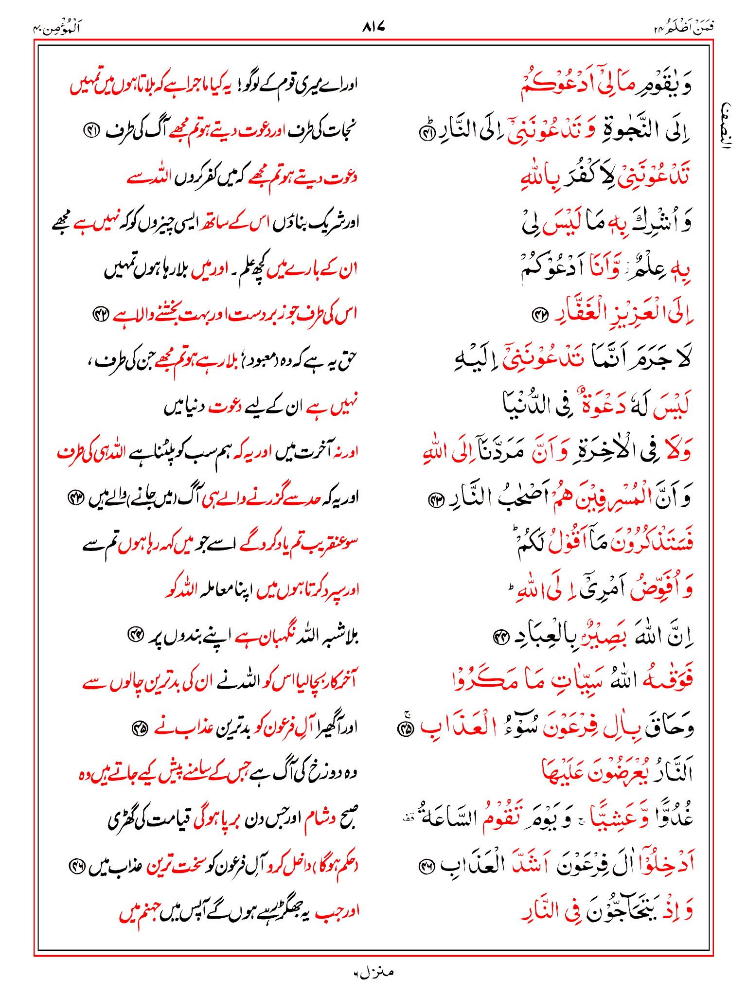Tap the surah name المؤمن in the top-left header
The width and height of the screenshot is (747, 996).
tap(57, 28)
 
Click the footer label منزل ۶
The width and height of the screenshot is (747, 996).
tap(373, 972)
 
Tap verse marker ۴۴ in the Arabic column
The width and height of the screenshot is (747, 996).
tap(500, 637)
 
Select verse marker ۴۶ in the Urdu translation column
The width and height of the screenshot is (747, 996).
tap(76, 866)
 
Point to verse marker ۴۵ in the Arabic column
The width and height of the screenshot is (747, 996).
tap(405, 728)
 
